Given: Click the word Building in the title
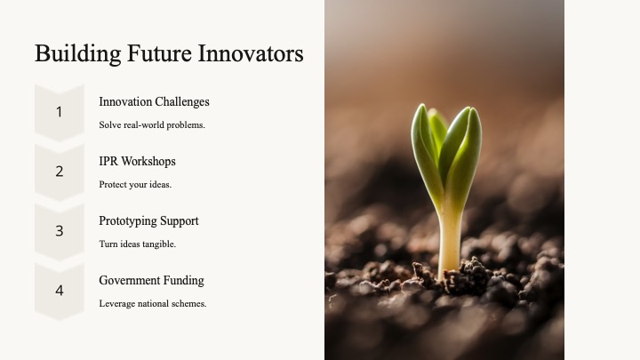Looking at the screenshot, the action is click(x=78, y=53).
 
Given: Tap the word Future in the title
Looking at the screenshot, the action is click(x=159, y=53).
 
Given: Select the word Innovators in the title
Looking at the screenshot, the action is click(x=250, y=53).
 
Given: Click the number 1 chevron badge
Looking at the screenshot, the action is click(x=60, y=113).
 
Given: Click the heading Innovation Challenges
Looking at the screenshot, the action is click(x=154, y=101).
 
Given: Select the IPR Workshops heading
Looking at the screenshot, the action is click(x=137, y=161).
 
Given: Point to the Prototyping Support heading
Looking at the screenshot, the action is click(x=148, y=220).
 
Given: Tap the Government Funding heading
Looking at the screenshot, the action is click(x=151, y=280).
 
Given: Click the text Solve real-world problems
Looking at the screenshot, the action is click(x=152, y=125).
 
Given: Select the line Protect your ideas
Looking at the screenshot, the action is click(x=135, y=185).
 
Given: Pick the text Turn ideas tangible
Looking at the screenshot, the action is click(x=137, y=244).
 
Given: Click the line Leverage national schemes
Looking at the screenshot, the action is click(x=153, y=304).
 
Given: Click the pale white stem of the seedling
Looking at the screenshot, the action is click(x=450, y=241).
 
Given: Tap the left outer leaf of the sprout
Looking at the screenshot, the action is click(x=425, y=151).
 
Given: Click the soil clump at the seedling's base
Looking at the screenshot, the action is click(x=469, y=275).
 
